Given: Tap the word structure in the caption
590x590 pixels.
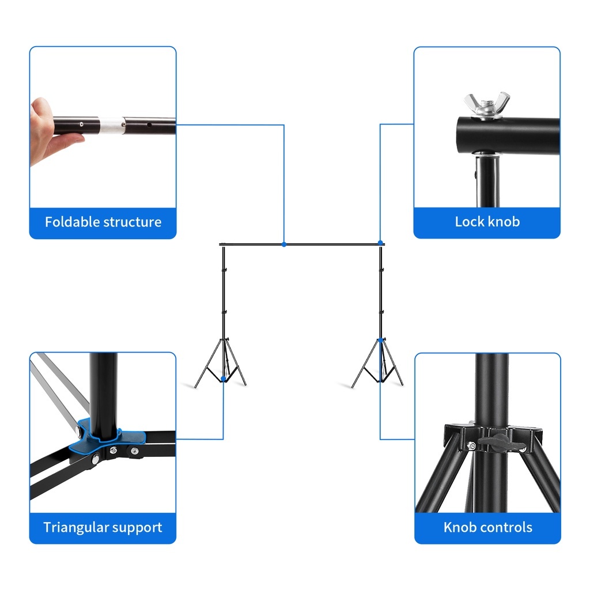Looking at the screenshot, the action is click(132, 222).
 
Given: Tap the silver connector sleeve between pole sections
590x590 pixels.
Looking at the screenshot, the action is click(111, 125).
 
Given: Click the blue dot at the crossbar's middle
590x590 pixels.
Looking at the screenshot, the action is click(284, 244).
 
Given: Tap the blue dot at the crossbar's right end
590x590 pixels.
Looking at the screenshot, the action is click(380, 243).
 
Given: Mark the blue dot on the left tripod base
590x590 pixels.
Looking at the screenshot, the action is click(223, 379).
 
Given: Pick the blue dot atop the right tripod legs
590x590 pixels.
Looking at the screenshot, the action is click(380, 340).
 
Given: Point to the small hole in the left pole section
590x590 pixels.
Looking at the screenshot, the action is click(81, 124).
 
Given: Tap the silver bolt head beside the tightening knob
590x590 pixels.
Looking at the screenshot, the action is click(471, 447).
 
